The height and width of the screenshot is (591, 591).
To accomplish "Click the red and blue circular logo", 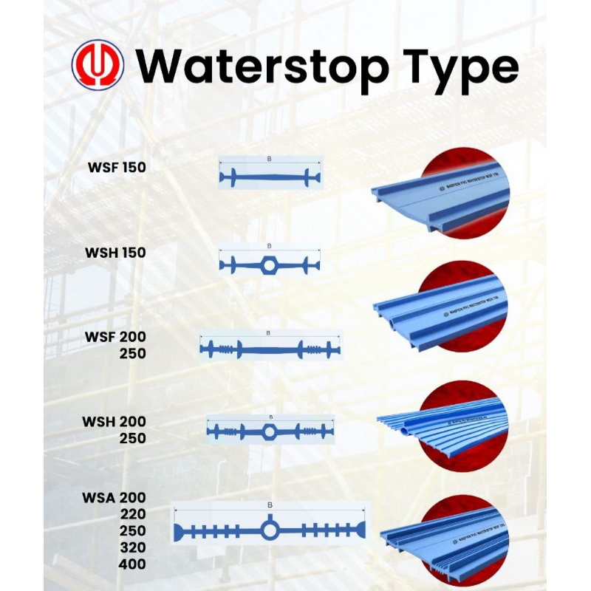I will click(98, 65).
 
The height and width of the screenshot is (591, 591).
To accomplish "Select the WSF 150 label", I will click(116, 168).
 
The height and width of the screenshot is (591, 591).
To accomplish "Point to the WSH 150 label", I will click(115, 253).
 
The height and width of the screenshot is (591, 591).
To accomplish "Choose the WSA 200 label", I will click(114, 497).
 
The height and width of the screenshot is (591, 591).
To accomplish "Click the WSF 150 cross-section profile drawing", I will click(270, 177).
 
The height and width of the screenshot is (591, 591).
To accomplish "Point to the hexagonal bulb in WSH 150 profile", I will click(270, 264).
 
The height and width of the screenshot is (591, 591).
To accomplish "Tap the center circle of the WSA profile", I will click(270, 530).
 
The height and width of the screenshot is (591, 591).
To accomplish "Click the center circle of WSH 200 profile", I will click(270, 431).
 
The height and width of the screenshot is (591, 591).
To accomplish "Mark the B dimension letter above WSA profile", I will click(270, 505).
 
